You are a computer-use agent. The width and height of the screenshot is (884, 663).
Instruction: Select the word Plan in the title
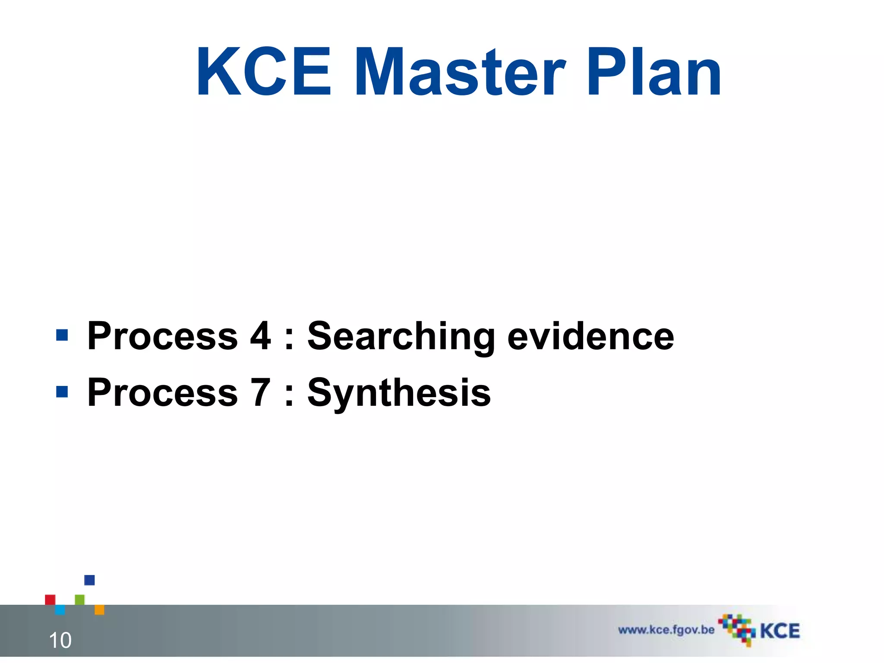(654, 73)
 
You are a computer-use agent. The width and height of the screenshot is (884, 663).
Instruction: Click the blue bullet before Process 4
(62, 335)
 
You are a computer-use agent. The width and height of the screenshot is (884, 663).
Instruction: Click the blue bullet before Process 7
(62, 391)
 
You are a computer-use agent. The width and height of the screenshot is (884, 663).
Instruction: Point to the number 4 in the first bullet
(260, 336)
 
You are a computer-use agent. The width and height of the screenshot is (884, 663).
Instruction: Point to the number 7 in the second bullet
(260, 392)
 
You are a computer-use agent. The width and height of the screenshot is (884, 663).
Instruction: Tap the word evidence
(590, 337)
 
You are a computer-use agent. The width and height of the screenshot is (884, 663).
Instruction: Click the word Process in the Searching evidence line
(162, 337)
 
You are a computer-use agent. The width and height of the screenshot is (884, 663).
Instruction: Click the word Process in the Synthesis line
(162, 393)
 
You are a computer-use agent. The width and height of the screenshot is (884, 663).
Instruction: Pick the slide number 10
(60, 640)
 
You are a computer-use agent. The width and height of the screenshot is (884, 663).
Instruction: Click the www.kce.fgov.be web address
(666, 630)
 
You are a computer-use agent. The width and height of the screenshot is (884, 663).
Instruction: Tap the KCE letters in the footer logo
(780, 631)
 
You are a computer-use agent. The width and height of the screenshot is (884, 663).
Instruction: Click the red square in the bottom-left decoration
(50, 600)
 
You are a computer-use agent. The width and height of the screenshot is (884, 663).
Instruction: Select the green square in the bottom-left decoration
(80, 600)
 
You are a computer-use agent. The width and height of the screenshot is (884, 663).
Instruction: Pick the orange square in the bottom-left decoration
(99, 609)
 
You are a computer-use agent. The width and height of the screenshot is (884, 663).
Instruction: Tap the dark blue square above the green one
(89, 580)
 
